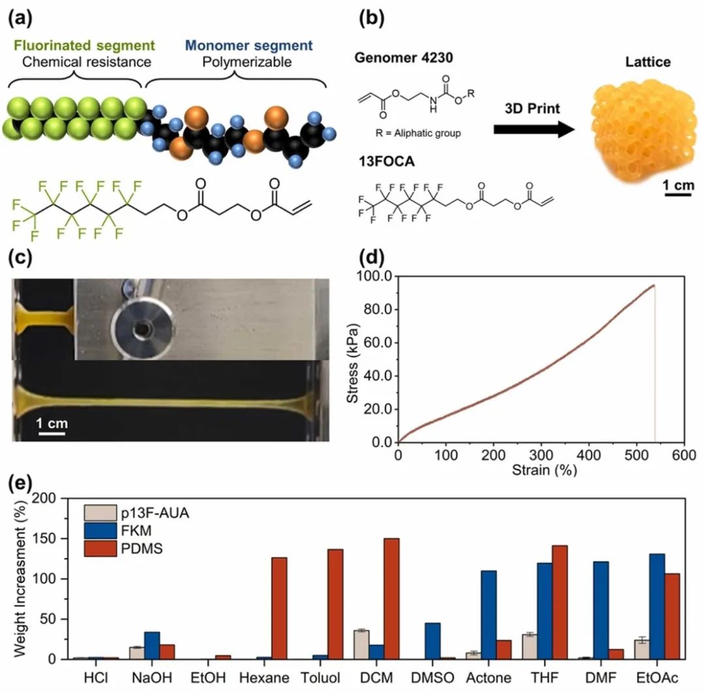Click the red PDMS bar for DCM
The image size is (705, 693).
pyautogui.click(x=391, y=598)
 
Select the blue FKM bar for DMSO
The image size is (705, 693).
pyautogui.click(x=433, y=641)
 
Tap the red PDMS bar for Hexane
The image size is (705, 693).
pyautogui.click(x=279, y=608)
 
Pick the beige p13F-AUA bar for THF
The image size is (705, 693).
pyautogui.click(x=529, y=647)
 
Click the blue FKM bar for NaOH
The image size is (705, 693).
pyautogui.click(x=152, y=645)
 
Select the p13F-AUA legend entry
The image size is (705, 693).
pyautogui.click(x=136, y=513)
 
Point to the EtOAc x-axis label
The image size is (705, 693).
pyautogui.click(x=657, y=677)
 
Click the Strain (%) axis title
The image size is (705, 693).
pyautogui.click(x=544, y=470)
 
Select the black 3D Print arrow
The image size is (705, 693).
pyautogui.click(x=534, y=130)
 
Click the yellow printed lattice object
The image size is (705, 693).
pyautogui.click(x=644, y=130)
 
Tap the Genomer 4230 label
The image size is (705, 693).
pyautogui.click(x=404, y=57)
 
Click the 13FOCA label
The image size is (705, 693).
pyautogui.click(x=386, y=161)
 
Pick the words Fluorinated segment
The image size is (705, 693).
pyautogui.click(x=84, y=46)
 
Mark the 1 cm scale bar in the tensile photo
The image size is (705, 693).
pyautogui.click(x=52, y=434)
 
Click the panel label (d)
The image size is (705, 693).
pyautogui.click(x=371, y=258)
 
